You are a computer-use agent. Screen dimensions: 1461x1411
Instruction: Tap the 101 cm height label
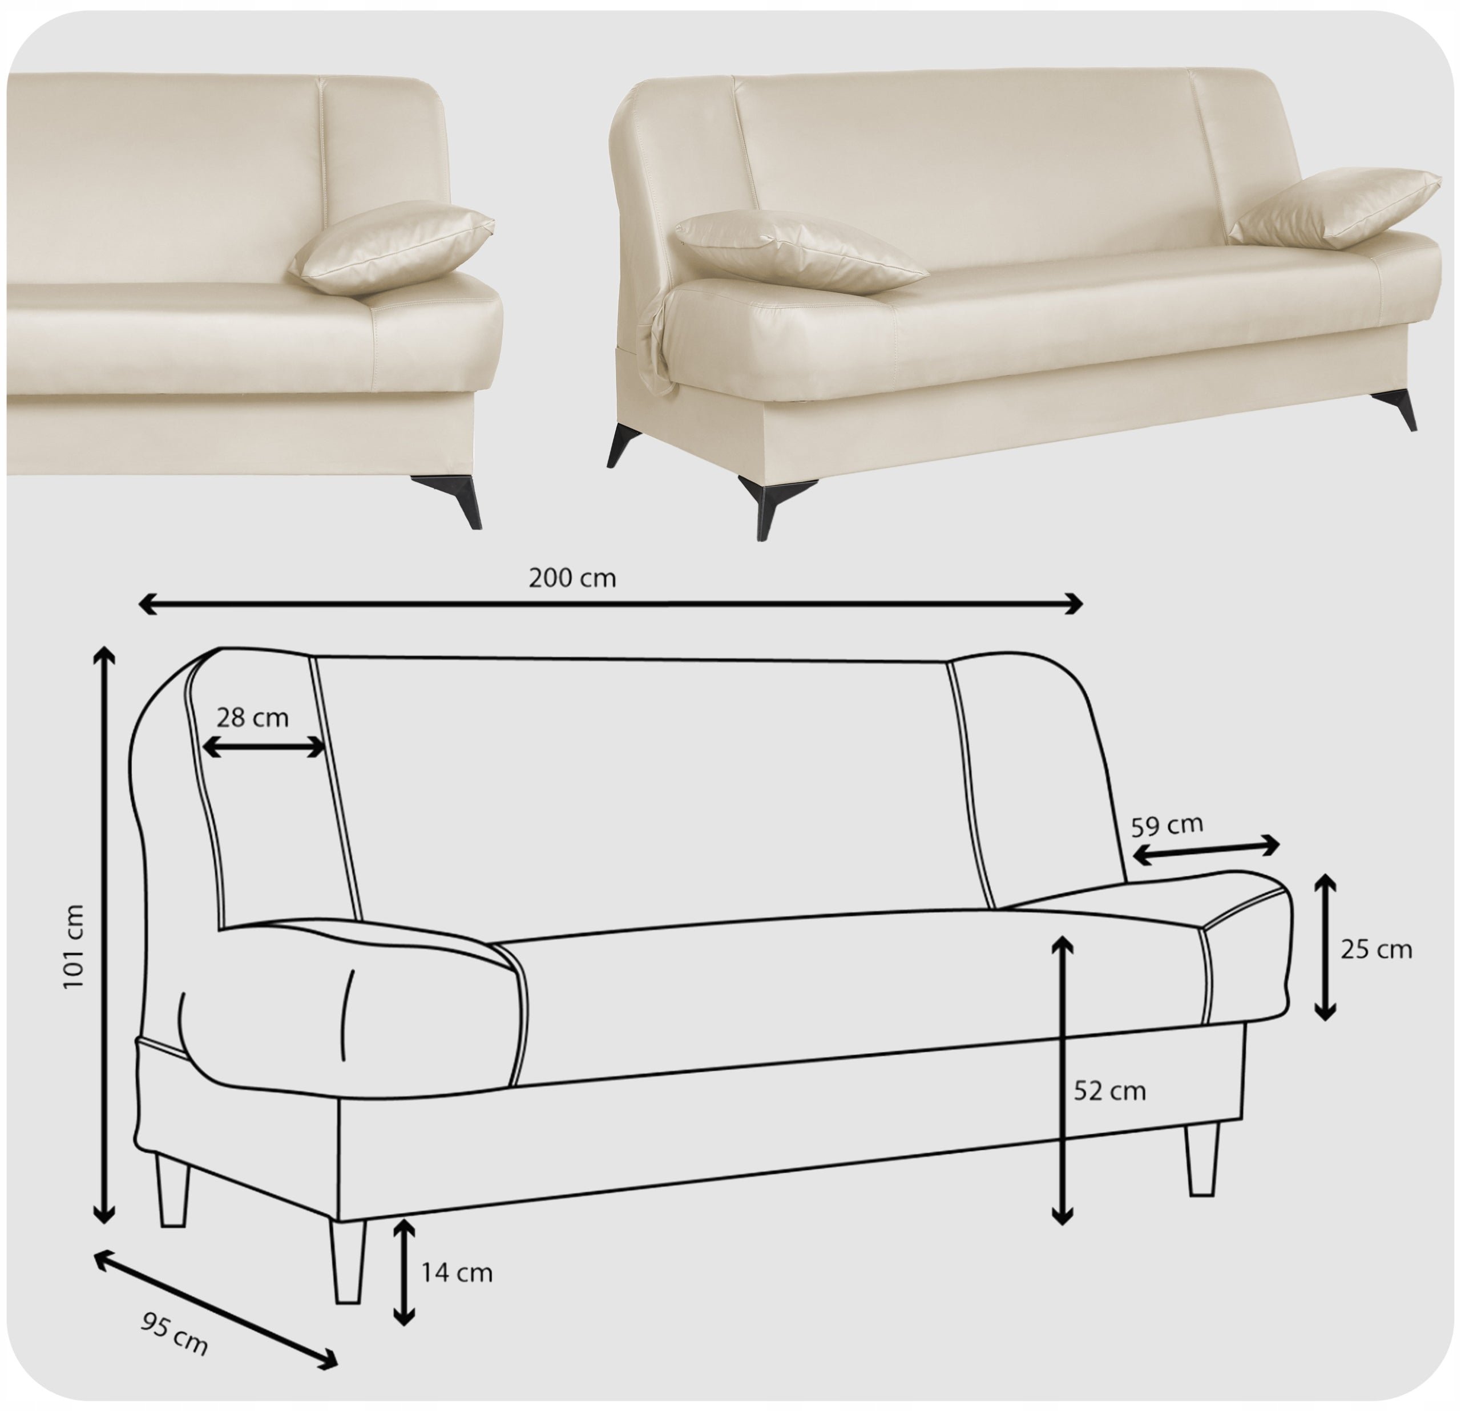click(x=73, y=947)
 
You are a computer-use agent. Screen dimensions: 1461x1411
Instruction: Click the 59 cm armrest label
click(x=1167, y=825)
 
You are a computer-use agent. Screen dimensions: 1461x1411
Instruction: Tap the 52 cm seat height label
click(x=1109, y=1091)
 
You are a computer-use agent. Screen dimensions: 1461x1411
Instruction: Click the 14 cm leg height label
click(x=457, y=1272)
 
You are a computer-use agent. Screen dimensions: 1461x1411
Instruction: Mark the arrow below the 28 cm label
click(x=264, y=747)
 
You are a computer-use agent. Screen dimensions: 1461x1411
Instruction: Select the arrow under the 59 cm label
click(x=1205, y=851)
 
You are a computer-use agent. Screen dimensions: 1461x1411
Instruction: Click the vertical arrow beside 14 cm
click(x=403, y=1272)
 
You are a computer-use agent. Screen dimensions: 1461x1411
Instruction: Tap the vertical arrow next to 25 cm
click(x=1325, y=947)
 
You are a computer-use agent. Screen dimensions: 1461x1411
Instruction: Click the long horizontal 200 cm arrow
click(x=611, y=604)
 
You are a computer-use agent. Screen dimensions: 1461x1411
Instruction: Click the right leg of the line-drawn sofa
click(x=1201, y=1159)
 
